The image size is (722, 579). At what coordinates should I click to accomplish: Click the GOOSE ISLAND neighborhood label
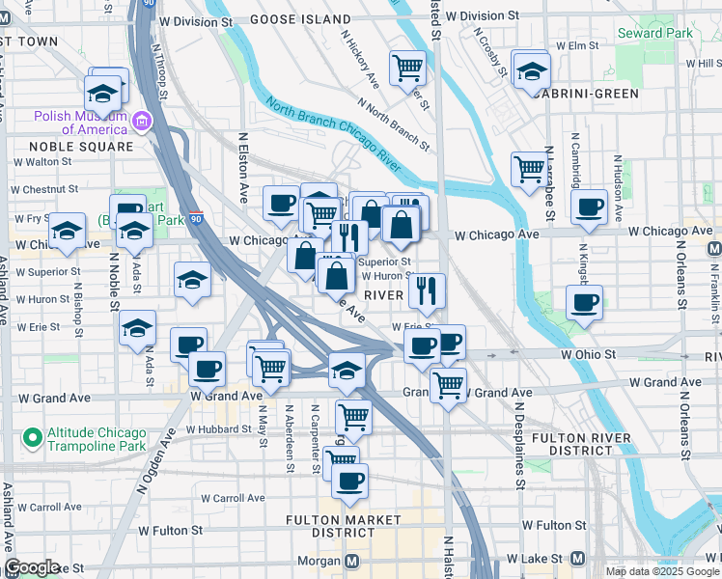coord(300,19)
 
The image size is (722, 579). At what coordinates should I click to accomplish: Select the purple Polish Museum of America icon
coord(143,122)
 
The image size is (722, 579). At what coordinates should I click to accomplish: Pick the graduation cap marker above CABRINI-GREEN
coord(530,70)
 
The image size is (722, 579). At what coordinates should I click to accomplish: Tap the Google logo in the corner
coord(32,567)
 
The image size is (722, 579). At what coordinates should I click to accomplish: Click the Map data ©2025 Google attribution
coord(661,571)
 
